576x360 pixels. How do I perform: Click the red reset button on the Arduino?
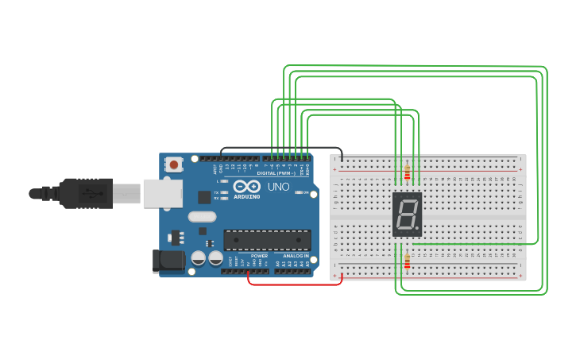point(174,165)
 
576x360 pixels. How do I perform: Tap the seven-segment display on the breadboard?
point(407,215)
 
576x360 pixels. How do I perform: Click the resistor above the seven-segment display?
point(408,173)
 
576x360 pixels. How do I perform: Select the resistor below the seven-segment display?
point(408,261)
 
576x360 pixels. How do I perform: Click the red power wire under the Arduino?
point(294,284)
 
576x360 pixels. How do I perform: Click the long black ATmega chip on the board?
point(267,240)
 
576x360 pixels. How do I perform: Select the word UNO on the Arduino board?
point(278,187)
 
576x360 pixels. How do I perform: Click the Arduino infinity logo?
point(247,187)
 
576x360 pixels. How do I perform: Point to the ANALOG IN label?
point(296,256)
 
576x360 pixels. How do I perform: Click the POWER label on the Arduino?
point(259,256)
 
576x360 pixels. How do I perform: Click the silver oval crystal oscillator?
point(202,216)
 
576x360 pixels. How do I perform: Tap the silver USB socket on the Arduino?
point(162,193)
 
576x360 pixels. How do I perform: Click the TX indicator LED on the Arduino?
point(225,192)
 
